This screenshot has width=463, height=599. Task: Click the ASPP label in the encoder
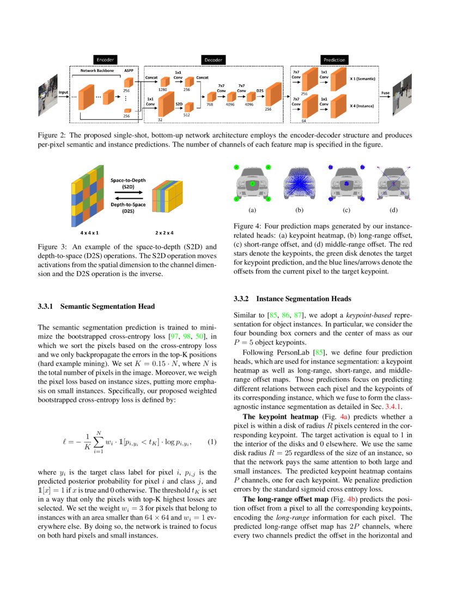click(129, 71)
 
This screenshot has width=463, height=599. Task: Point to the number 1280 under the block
click(162, 89)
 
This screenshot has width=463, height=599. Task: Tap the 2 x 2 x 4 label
click(165, 233)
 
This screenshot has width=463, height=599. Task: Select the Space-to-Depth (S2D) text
click(128, 182)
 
